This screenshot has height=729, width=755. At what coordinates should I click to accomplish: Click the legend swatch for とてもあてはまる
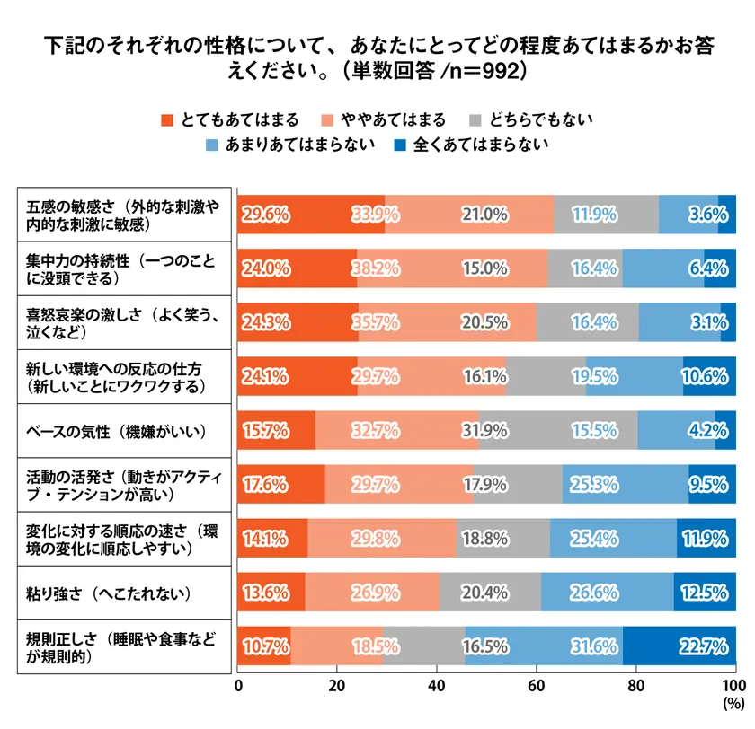[x=166, y=119]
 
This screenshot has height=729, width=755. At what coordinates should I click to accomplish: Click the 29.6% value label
[x=264, y=215]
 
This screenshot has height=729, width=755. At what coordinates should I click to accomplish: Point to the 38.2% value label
[x=376, y=267]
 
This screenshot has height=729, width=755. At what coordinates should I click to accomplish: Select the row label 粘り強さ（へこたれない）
[x=108, y=593]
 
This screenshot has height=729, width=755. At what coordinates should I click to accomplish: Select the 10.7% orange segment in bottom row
[x=263, y=645]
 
